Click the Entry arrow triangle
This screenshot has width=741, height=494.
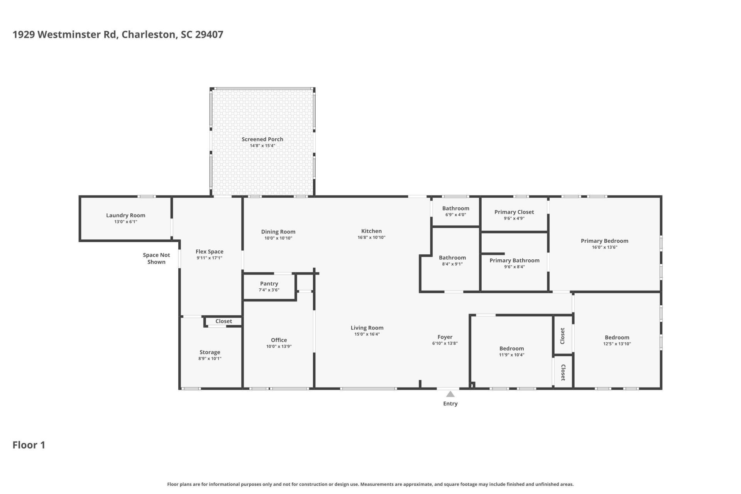(x=450, y=394)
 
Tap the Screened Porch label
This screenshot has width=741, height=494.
(x=262, y=139)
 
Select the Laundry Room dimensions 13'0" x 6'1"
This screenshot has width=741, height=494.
(x=126, y=222)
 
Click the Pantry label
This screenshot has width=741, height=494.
(x=269, y=284)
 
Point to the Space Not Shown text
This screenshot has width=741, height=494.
(x=156, y=259)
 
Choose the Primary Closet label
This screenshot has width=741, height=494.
(x=514, y=212)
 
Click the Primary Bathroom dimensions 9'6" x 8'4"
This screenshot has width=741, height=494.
(x=514, y=267)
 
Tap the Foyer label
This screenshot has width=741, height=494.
(x=445, y=337)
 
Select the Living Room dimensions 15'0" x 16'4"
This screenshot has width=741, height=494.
(x=367, y=334)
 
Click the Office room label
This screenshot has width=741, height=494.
(x=279, y=340)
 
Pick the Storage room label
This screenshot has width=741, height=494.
(x=210, y=352)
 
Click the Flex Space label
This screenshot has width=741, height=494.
(x=210, y=252)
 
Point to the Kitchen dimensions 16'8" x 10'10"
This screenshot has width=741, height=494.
(x=371, y=237)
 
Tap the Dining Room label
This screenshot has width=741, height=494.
(x=278, y=232)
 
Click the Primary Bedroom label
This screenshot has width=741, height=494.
(x=604, y=241)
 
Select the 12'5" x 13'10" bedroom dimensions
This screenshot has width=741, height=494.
(x=617, y=344)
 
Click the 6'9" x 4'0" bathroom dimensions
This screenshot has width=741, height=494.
(x=456, y=215)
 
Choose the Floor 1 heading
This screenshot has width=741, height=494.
(x=29, y=445)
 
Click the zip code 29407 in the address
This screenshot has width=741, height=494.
(x=209, y=34)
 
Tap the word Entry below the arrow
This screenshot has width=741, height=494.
(x=450, y=404)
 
